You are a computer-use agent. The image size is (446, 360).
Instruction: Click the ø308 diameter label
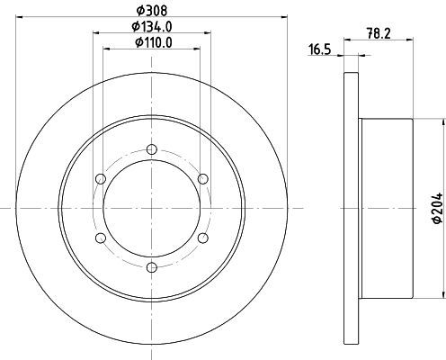[x=151, y=11]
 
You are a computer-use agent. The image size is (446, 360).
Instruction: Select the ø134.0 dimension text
[x=152, y=27]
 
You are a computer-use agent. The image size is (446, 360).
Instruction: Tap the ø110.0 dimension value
[x=154, y=42]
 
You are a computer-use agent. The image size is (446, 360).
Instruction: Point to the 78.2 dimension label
[x=379, y=33]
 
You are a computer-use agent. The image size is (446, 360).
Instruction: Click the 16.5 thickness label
[x=319, y=49]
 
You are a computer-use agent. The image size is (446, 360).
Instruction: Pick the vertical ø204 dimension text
[x=437, y=208]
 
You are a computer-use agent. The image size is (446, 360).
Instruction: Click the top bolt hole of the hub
[x=152, y=149]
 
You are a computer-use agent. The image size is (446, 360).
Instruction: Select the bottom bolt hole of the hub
[x=152, y=266]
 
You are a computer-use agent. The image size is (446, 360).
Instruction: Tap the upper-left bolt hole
[x=101, y=179]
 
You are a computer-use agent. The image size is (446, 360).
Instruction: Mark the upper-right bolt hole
[x=203, y=179]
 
